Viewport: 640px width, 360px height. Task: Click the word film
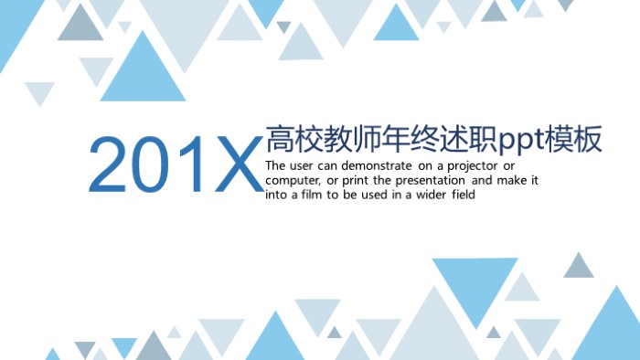pyautogui.click(x=314, y=195)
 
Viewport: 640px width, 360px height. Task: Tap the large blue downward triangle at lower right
pyautogui.click(x=475, y=287)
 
